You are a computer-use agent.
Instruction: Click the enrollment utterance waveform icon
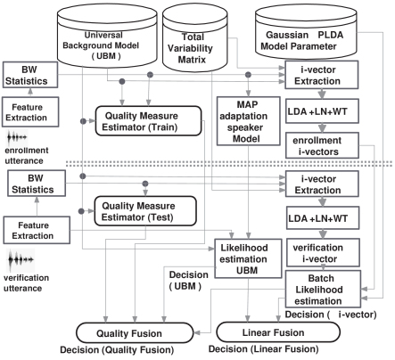[x=17, y=137]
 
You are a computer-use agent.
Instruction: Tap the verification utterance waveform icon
[x=21, y=259]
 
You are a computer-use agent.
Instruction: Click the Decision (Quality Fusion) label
[x=117, y=350]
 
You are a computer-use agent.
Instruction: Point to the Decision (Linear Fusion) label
[x=263, y=349]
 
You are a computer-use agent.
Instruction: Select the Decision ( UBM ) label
[x=188, y=281]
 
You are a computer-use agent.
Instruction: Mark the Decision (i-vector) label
[x=331, y=315]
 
